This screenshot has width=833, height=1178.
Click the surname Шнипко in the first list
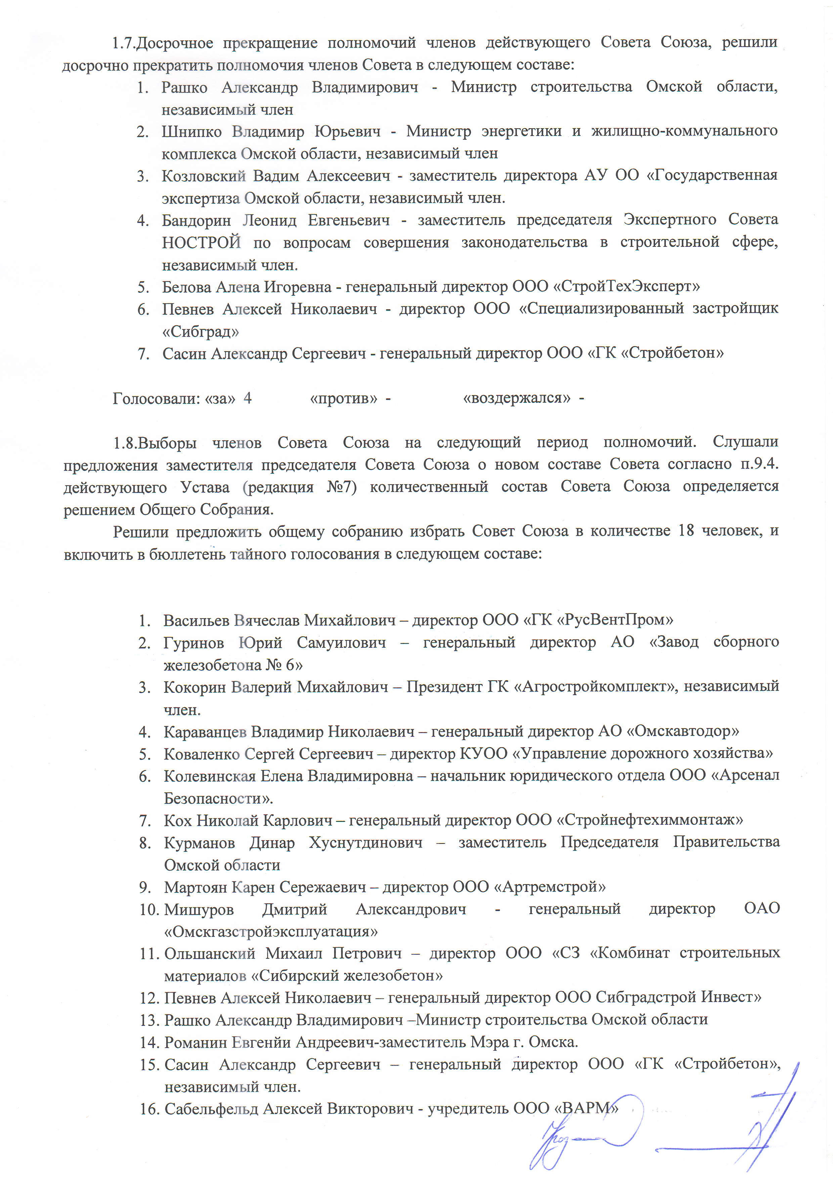pos(191,132)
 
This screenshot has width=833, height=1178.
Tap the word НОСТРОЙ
pos(201,242)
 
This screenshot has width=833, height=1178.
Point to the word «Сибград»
pos(201,331)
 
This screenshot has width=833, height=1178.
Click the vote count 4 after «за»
pos(248,398)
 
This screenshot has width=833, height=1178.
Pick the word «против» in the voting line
pos(344,398)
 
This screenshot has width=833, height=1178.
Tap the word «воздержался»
pos(516,398)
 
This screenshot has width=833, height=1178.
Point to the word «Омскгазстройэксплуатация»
pos(271,931)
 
